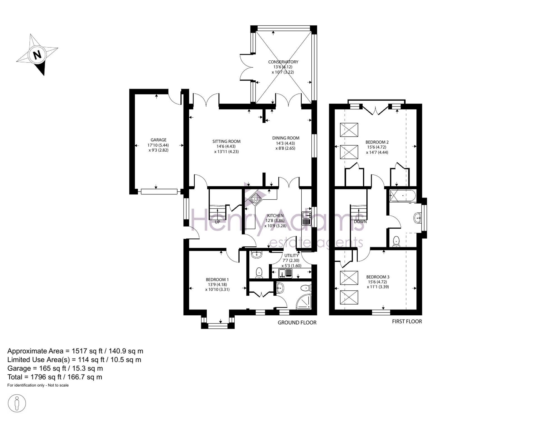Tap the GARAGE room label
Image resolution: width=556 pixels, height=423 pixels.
coord(158,140)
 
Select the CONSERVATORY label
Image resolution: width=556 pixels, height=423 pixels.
coord(283,62)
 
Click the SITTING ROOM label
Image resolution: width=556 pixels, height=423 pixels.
coord(226,141)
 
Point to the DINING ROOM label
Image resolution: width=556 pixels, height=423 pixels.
coord(286,138)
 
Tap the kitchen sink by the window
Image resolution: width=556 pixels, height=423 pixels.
coord(306,218)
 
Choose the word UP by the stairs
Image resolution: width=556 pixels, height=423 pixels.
coord(217,222)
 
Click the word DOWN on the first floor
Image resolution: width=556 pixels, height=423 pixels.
coord(360,222)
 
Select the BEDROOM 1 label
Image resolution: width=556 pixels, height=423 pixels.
coord(217,279)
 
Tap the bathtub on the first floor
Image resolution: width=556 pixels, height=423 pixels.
coord(403,196)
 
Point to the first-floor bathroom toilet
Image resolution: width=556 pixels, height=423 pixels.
coord(396,241)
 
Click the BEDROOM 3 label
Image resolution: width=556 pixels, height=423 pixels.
coord(378,277)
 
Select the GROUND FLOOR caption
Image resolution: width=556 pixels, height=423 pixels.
coord(297,323)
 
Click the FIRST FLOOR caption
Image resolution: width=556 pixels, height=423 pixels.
coord(407,321)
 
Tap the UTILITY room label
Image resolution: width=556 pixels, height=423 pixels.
coord(291,256)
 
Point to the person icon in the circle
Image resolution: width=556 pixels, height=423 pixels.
coord(17,403)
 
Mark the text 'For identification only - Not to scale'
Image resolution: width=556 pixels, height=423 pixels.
coord(38,385)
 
